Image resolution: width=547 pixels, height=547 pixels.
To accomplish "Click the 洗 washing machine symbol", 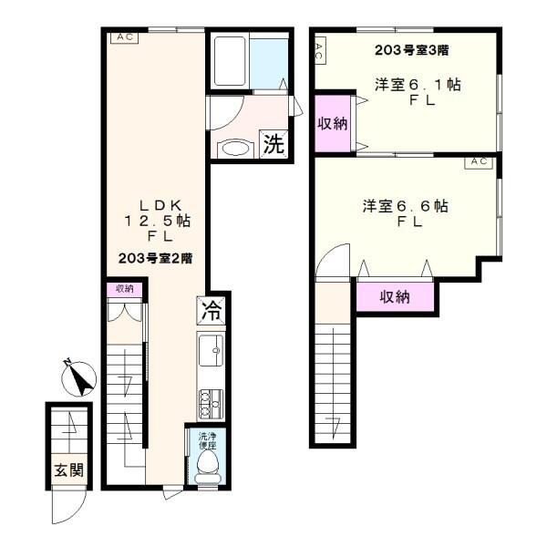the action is tap(273, 144).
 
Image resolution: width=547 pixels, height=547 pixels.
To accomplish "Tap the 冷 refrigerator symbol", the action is tap(212, 310).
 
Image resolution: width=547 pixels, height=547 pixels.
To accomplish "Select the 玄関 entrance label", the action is tap(69, 470).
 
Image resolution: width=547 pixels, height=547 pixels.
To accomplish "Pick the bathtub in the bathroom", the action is tap(230, 61).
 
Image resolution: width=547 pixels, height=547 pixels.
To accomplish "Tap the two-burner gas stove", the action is tap(211, 404).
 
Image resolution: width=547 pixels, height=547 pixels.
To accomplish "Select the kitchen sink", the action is tap(211, 351).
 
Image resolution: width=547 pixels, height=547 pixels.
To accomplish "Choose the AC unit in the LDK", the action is tap(125, 37).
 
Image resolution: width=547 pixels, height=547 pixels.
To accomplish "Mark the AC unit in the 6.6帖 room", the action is tap(479, 162).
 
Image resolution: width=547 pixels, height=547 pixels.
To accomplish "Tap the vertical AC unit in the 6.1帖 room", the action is tap(320, 51).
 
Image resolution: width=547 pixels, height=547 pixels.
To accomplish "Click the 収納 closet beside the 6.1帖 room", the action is tap(333, 123).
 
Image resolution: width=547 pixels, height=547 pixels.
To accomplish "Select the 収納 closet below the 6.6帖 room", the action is tap(395, 297).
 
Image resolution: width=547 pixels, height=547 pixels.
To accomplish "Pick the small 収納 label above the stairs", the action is tap(125, 289).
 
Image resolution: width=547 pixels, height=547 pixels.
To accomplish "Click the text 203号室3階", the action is tap(412, 50).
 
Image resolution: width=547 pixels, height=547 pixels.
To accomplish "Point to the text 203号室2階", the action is tap(156, 259).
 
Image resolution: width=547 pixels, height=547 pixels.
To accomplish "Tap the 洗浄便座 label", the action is tap(208, 441).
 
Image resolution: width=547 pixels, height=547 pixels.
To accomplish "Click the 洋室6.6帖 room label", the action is tap(406, 206).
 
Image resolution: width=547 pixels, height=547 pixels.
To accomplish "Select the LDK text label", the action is tap(160, 205).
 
